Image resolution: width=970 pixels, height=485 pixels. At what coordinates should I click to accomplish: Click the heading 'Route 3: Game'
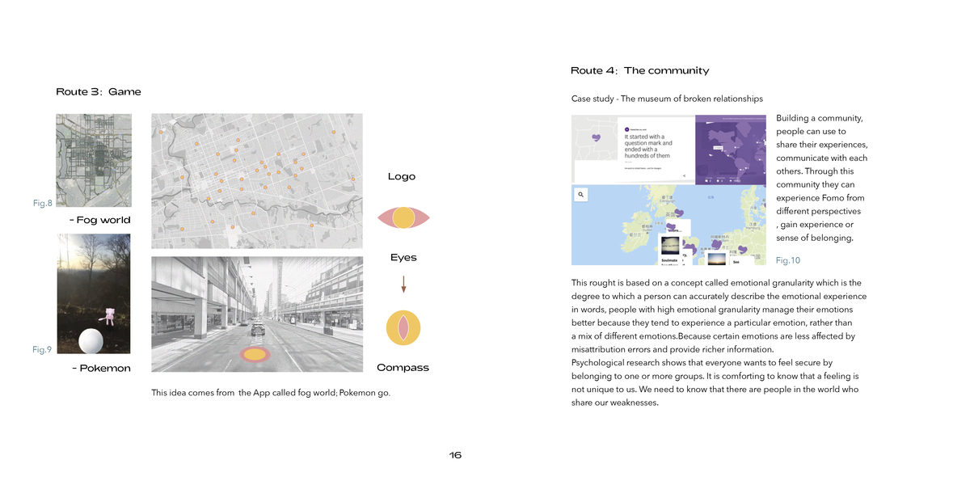click(x=98, y=91)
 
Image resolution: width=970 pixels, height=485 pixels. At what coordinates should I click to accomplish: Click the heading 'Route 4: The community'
click(x=639, y=71)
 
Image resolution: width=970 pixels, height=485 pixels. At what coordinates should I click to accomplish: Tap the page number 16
click(x=455, y=455)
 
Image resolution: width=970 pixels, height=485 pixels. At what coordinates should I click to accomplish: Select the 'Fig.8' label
click(x=42, y=202)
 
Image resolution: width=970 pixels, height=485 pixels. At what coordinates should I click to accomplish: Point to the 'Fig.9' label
click(x=42, y=349)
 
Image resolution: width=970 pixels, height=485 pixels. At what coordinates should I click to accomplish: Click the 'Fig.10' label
click(x=787, y=260)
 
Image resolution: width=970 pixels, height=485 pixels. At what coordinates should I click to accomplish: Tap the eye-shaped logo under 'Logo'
click(x=403, y=217)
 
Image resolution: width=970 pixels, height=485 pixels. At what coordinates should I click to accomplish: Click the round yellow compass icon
click(x=403, y=327)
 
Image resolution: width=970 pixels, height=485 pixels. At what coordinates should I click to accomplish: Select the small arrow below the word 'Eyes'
click(x=403, y=284)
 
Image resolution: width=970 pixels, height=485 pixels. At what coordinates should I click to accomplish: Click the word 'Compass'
click(x=403, y=368)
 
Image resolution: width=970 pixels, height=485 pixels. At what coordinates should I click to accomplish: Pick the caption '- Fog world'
click(x=100, y=220)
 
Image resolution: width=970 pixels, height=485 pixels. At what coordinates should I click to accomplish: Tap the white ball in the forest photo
click(x=90, y=342)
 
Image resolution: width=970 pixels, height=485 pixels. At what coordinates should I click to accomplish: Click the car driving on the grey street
click(x=257, y=330)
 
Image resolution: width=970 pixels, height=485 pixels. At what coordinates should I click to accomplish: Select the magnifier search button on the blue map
click(x=580, y=195)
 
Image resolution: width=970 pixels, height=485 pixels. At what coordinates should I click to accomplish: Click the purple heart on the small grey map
click(x=597, y=138)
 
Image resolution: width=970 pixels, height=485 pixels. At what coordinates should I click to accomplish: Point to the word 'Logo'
click(x=402, y=176)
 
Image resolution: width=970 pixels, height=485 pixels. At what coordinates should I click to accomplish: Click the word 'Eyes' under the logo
click(x=403, y=257)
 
